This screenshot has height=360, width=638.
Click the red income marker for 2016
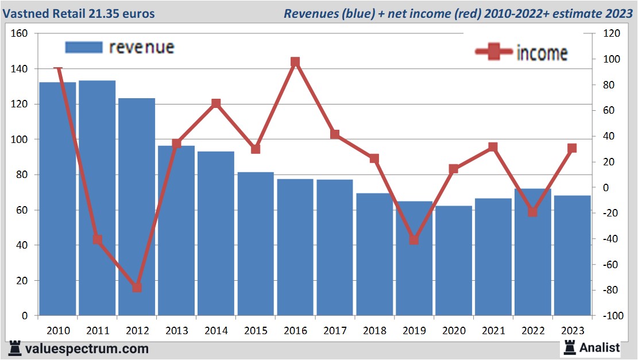295,62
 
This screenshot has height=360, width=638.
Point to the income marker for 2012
137,287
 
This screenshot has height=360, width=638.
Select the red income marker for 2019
414,240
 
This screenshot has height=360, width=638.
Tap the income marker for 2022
533,212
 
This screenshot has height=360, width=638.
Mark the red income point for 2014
216,103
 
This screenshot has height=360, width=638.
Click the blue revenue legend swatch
84,47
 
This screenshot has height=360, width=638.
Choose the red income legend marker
493,52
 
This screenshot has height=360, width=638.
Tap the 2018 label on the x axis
374,331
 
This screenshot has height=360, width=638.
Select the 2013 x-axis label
176,331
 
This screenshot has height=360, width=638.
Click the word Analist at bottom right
600,347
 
